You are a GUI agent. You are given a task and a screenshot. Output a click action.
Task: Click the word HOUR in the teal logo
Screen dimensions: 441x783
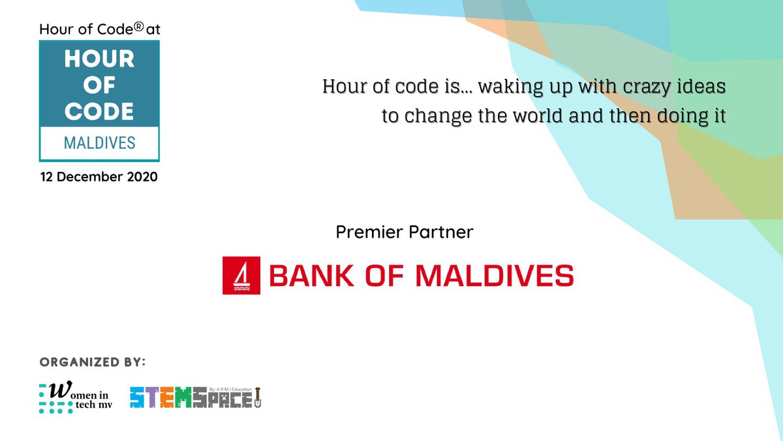pyautogui.click(x=99, y=60)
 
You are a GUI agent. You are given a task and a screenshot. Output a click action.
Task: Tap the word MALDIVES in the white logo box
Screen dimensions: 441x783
pyautogui.click(x=99, y=142)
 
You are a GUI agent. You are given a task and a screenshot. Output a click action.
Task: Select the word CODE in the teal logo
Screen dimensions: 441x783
pyautogui.click(x=99, y=111)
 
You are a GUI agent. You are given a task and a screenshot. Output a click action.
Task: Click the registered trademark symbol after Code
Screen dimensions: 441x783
pyautogui.click(x=138, y=27)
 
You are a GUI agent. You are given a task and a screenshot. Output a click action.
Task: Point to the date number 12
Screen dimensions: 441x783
pyautogui.click(x=47, y=177)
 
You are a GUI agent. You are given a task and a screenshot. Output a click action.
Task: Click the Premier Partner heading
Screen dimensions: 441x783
pyautogui.click(x=405, y=232)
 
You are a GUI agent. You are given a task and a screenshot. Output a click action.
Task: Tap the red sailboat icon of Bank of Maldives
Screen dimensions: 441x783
pyautogui.click(x=241, y=275)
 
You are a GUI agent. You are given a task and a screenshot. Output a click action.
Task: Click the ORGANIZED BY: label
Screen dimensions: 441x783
pyautogui.click(x=93, y=362)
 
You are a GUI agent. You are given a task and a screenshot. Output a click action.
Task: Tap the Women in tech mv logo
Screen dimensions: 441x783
pyautogui.click(x=74, y=398)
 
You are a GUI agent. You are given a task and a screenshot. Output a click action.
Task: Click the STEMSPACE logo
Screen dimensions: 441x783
pyautogui.click(x=196, y=397)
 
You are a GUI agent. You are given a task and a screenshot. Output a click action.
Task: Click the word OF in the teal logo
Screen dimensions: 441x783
pyautogui.click(x=99, y=86)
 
